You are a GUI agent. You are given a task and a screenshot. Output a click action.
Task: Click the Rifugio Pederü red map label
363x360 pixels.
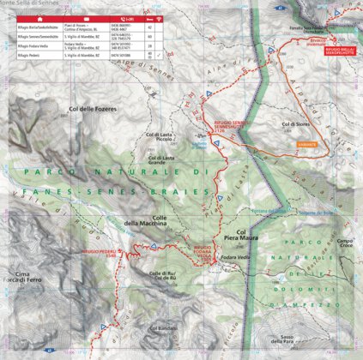coord(99,230)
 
